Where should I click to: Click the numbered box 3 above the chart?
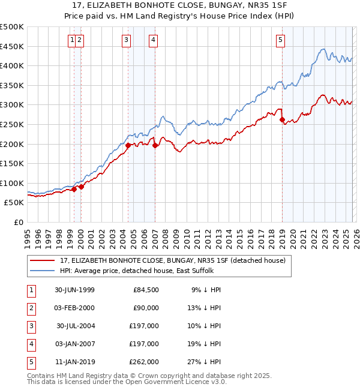127,40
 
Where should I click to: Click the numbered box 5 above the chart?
281,40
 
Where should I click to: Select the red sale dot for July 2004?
128,145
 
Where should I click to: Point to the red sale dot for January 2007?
155,145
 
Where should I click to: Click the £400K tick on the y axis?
12,66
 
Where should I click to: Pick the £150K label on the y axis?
12,163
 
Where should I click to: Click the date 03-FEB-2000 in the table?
74,308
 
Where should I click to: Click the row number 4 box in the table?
30,344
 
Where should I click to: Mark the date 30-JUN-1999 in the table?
74,290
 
